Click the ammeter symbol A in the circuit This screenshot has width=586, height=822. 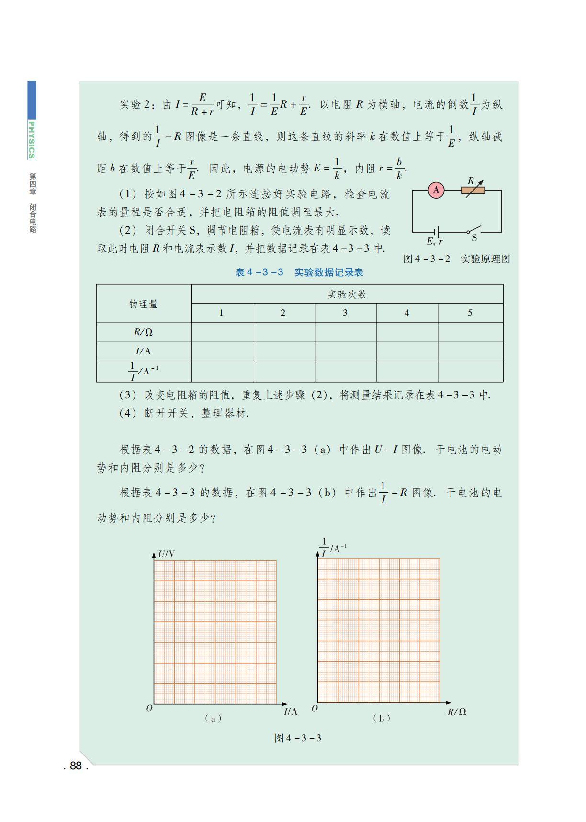[x=436, y=190]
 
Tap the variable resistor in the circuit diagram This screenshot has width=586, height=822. [x=473, y=190]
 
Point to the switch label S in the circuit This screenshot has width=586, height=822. [x=474, y=238]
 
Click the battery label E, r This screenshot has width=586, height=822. [x=434, y=242]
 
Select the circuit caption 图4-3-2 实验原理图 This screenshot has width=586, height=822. [x=456, y=259]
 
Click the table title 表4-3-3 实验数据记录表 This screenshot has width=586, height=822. [x=299, y=272]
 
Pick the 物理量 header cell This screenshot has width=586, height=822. [x=143, y=304]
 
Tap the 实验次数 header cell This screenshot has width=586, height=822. [x=347, y=294]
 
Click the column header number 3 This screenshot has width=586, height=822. [x=345, y=313]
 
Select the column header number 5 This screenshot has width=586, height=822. [x=470, y=313]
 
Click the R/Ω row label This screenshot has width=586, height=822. [x=143, y=332]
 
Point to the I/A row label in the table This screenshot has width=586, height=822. [x=143, y=351]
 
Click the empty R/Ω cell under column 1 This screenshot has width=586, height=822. [x=222, y=332]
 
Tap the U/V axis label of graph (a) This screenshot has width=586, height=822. [x=167, y=554]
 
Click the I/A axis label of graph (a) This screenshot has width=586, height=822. [x=290, y=712]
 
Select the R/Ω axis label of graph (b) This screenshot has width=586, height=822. [x=457, y=712]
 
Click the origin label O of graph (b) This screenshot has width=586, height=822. [x=315, y=708]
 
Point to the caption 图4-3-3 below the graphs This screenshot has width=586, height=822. [x=298, y=738]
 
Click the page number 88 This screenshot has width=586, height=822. [x=76, y=766]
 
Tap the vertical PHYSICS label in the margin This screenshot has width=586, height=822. [x=32, y=140]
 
